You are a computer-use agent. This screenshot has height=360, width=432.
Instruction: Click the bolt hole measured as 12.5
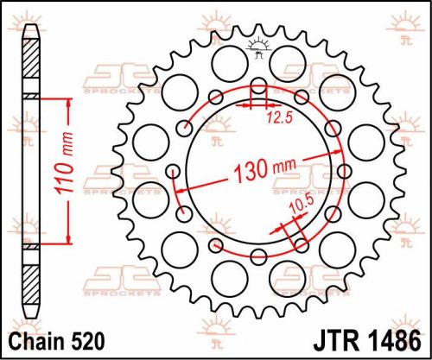258,91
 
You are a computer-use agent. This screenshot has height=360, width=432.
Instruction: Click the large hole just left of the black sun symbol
223,60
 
